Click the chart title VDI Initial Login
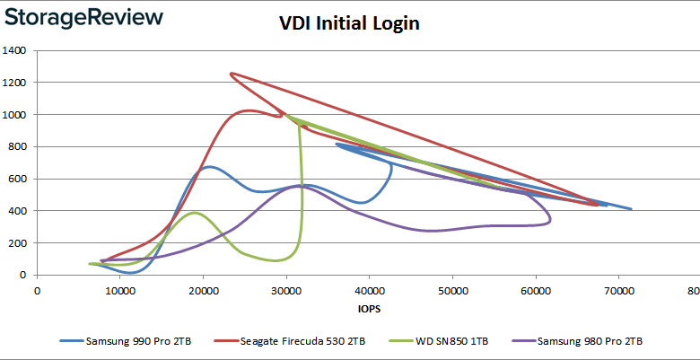pyautogui.click(x=349, y=24)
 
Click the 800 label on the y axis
pyautogui.click(x=17, y=146)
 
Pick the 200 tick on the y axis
pyautogui.click(x=17, y=243)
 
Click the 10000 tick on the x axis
pyautogui.click(x=120, y=291)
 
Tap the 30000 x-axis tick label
pyautogui.click(x=286, y=291)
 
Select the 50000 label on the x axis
pyautogui.click(x=452, y=291)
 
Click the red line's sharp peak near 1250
pyautogui.click(x=232, y=74)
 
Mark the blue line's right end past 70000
pyautogui.click(x=631, y=209)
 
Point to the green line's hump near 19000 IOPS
pyautogui.click(x=195, y=213)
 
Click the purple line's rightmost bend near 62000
pyautogui.click(x=550, y=218)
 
